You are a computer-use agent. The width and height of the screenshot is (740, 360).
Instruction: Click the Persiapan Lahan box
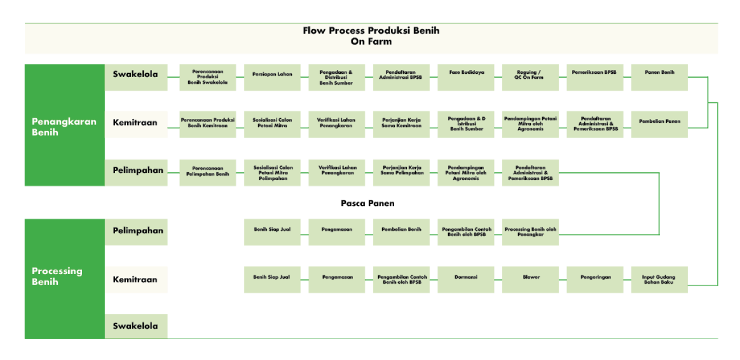click(x=273, y=78)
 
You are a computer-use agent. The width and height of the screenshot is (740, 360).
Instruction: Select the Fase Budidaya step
click(x=466, y=78)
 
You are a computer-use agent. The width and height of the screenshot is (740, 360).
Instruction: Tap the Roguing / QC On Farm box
click(x=530, y=78)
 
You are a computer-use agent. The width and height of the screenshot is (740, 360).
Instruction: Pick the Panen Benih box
click(x=659, y=78)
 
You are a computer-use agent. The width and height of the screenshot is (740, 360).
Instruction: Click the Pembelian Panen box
click(x=659, y=124)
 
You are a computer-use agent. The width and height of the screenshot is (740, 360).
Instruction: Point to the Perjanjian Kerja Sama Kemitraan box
click(x=401, y=124)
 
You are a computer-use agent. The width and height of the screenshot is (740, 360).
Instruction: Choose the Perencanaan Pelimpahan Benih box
click(x=208, y=172)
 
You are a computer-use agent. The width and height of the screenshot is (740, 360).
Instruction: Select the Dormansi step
click(x=466, y=280)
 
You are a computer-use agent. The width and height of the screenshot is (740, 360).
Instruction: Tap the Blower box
click(x=530, y=280)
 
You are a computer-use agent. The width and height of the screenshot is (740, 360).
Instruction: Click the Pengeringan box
click(x=595, y=280)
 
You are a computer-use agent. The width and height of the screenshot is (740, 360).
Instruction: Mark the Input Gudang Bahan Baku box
click(x=659, y=280)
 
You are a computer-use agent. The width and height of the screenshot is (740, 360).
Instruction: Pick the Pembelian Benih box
click(x=401, y=232)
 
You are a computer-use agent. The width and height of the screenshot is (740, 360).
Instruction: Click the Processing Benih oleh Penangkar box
click(x=530, y=232)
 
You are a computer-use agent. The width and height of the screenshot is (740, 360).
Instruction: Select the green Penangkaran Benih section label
click(x=64, y=126)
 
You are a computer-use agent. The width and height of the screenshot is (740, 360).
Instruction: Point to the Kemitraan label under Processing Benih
click(x=136, y=280)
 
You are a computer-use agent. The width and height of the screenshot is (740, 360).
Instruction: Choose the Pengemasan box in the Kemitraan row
click(x=337, y=280)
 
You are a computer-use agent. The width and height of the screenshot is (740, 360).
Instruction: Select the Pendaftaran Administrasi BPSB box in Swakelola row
click(x=401, y=78)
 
